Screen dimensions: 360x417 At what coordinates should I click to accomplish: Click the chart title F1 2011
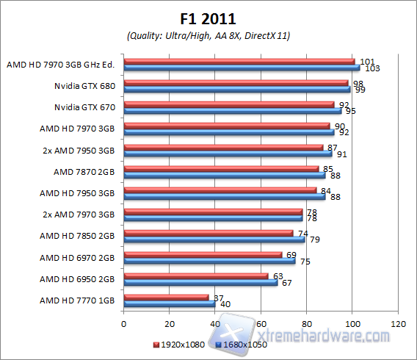(x=208, y=18)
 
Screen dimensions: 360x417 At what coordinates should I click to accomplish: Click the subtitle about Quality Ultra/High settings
(x=208, y=35)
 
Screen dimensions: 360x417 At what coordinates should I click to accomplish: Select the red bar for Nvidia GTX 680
(x=236, y=83)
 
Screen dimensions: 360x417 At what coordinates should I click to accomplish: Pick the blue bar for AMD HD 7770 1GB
(x=170, y=303)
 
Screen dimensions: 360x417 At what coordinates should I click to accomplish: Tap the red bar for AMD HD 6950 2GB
(x=196, y=276)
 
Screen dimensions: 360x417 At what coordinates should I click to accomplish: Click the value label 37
(x=217, y=297)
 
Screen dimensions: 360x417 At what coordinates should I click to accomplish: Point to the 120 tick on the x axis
(x=398, y=323)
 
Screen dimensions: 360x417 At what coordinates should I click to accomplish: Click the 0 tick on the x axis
(x=124, y=323)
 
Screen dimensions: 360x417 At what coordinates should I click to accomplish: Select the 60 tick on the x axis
(x=261, y=323)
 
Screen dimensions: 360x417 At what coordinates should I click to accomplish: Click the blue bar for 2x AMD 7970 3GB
(x=213, y=218)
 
